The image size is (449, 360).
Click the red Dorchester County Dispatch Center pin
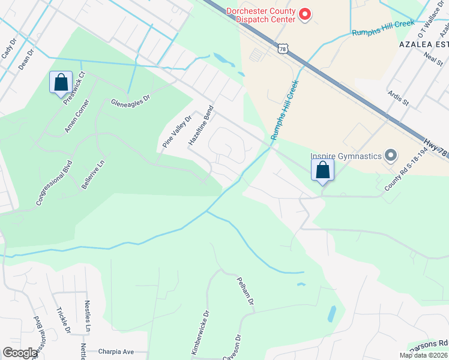(305, 13)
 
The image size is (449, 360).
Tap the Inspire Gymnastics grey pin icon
(391, 156)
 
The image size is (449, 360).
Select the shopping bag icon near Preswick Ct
(61, 83)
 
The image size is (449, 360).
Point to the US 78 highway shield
(282, 49)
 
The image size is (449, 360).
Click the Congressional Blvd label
(54, 182)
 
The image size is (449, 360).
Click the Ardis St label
(398, 98)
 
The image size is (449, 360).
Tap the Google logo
(20, 353)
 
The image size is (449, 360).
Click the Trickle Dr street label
(63, 320)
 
